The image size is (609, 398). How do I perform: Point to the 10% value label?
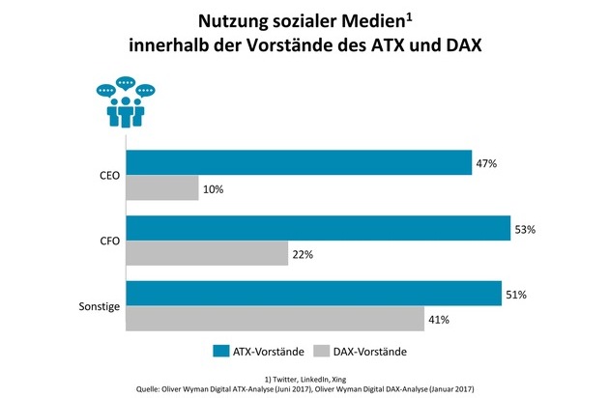click(213, 189)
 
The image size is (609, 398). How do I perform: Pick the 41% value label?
click(441, 319)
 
